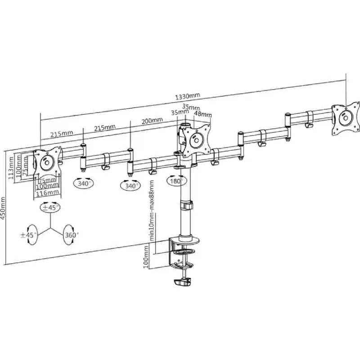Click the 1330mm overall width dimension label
point(188,96)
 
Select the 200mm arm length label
point(152,121)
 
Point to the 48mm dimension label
point(203,114)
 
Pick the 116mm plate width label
point(48,192)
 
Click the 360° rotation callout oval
point(70,235)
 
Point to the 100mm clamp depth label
point(145,257)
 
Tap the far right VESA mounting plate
point(346,119)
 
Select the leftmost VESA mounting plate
point(47,163)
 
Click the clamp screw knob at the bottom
point(183,282)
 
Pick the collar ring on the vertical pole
point(186,205)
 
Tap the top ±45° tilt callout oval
point(50,207)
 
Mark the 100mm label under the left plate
point(47,185)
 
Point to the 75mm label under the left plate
point(47,180)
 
